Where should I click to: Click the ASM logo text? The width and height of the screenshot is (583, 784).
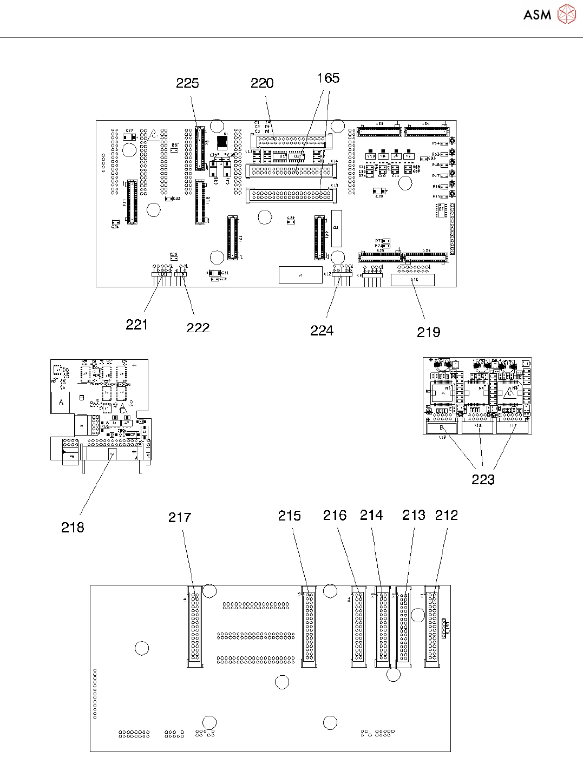click(x=537, y=15)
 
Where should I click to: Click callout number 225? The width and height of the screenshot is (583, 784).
click(x=187, y=83)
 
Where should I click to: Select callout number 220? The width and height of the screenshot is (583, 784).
click(x=262, y=83)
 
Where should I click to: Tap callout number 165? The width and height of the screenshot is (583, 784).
click(x=328, y=78)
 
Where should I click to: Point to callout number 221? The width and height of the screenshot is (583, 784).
click(x=136, y=325)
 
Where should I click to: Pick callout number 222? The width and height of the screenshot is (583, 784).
click(x=198, y=328)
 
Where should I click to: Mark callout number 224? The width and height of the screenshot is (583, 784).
click(x=322, y=331)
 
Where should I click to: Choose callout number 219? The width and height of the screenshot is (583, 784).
click(x=428, y=333)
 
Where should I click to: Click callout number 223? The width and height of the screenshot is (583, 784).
click(x=483, y=480)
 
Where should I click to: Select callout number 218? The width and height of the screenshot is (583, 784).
click(x=73, y=528)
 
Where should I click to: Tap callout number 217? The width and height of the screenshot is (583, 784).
click(x=180, y=518)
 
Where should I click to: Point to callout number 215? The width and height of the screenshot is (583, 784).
click(x=290, y=516)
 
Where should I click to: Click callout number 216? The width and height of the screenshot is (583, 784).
click(x=335, y=516)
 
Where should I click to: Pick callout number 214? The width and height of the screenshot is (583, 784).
click(x=371, y=516)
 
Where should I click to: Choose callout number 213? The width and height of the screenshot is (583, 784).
click(x=414, y=516)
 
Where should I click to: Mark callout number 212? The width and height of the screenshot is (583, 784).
click(x=447, y=516)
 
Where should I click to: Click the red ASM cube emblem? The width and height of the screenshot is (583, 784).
click(x=566, y=15)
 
